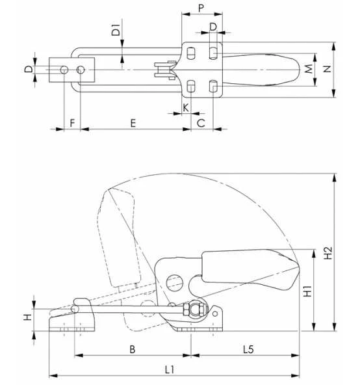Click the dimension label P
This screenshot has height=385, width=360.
click(201, 8)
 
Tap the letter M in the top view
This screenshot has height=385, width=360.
click(309, 68)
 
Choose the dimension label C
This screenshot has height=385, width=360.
click(201, 122)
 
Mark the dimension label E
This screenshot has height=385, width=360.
click(133, 122)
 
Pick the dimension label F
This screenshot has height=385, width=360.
click(72, 122)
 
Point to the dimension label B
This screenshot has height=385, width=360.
click(132, 349)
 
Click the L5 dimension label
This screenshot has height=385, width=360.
click(248, 349)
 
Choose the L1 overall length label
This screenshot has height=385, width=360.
click(170, 369)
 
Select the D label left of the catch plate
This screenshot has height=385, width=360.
click(27, 70)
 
